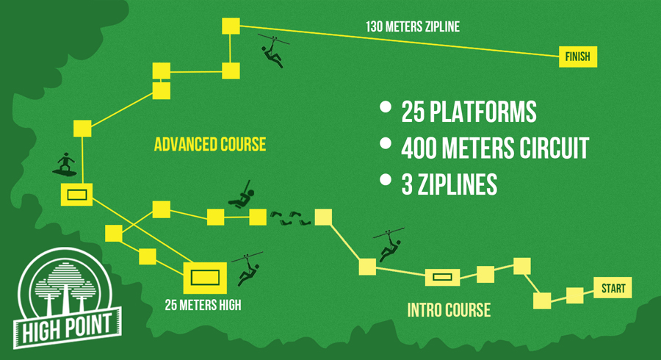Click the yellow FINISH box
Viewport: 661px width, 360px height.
578,57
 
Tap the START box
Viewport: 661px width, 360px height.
613,288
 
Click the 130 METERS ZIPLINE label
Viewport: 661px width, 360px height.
413,26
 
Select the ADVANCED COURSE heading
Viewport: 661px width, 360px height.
210,144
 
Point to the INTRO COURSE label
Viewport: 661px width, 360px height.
449,310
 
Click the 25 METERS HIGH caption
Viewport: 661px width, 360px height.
203,304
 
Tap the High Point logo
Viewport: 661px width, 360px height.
67,298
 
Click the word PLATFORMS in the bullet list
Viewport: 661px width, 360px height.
483,112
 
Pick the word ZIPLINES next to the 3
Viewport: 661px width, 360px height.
458,184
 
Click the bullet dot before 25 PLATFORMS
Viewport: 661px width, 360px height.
386,107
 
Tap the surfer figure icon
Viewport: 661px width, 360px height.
65,165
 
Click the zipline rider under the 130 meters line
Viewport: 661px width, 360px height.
273,51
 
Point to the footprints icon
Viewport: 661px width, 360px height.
290,217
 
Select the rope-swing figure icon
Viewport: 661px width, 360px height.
242,195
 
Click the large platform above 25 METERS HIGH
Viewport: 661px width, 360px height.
205,278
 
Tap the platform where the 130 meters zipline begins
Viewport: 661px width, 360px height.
231,26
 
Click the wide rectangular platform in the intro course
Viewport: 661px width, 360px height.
442,277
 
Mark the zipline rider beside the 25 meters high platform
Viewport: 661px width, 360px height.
248,269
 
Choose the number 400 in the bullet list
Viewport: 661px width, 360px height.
415,148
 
